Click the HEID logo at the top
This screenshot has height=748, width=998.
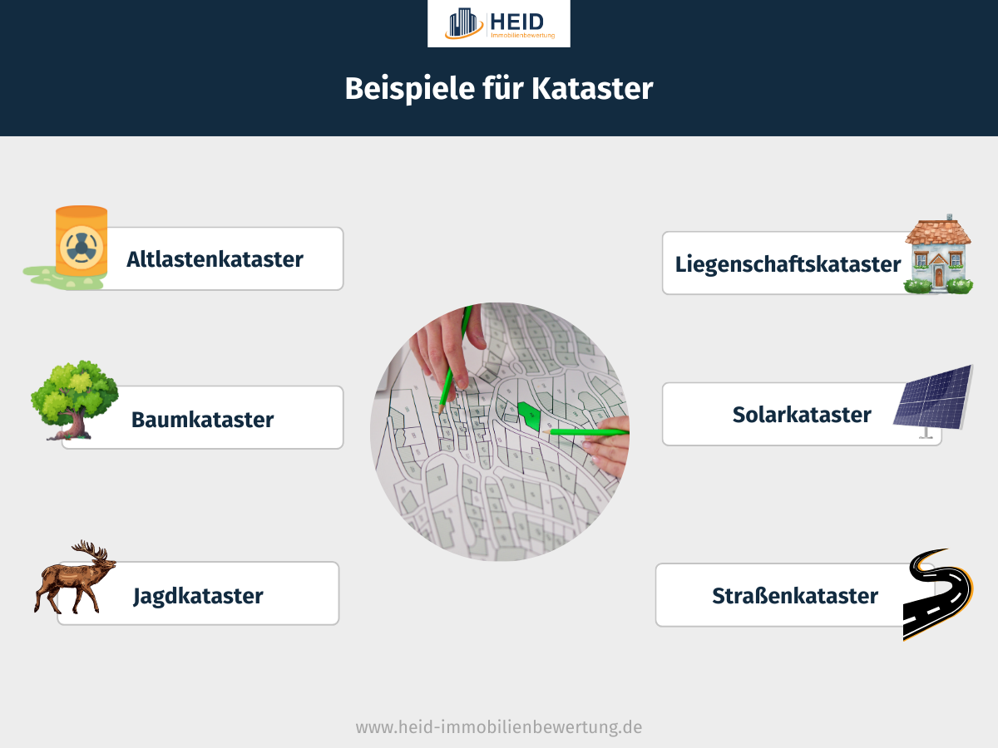pyautogui.click(x=498, y=23)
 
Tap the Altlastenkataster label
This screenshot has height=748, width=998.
pyautogui.click(x=215, y=259)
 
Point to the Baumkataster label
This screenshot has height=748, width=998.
pyautogui.click(x=202, y=420)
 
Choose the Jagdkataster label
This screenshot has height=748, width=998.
pyautogui.click(x=198, y=596)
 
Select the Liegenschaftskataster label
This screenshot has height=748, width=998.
pyautogui.click(x=788, y=264)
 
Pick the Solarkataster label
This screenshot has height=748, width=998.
pyautogui.click(x=802, y=414)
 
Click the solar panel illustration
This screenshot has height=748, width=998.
pyautogui.click(x=933, y=398)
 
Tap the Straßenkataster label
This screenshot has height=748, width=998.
pyautogui.click(x=794, y=596)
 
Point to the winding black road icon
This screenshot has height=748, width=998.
pyautogui.click(x=937, y=593)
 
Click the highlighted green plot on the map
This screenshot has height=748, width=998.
pyautogui.click(x=527, y=413)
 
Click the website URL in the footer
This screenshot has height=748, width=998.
pyautogui.click(x=499, y=727)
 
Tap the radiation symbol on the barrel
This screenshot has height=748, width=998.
pyautogui.click(x=80, y=246)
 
